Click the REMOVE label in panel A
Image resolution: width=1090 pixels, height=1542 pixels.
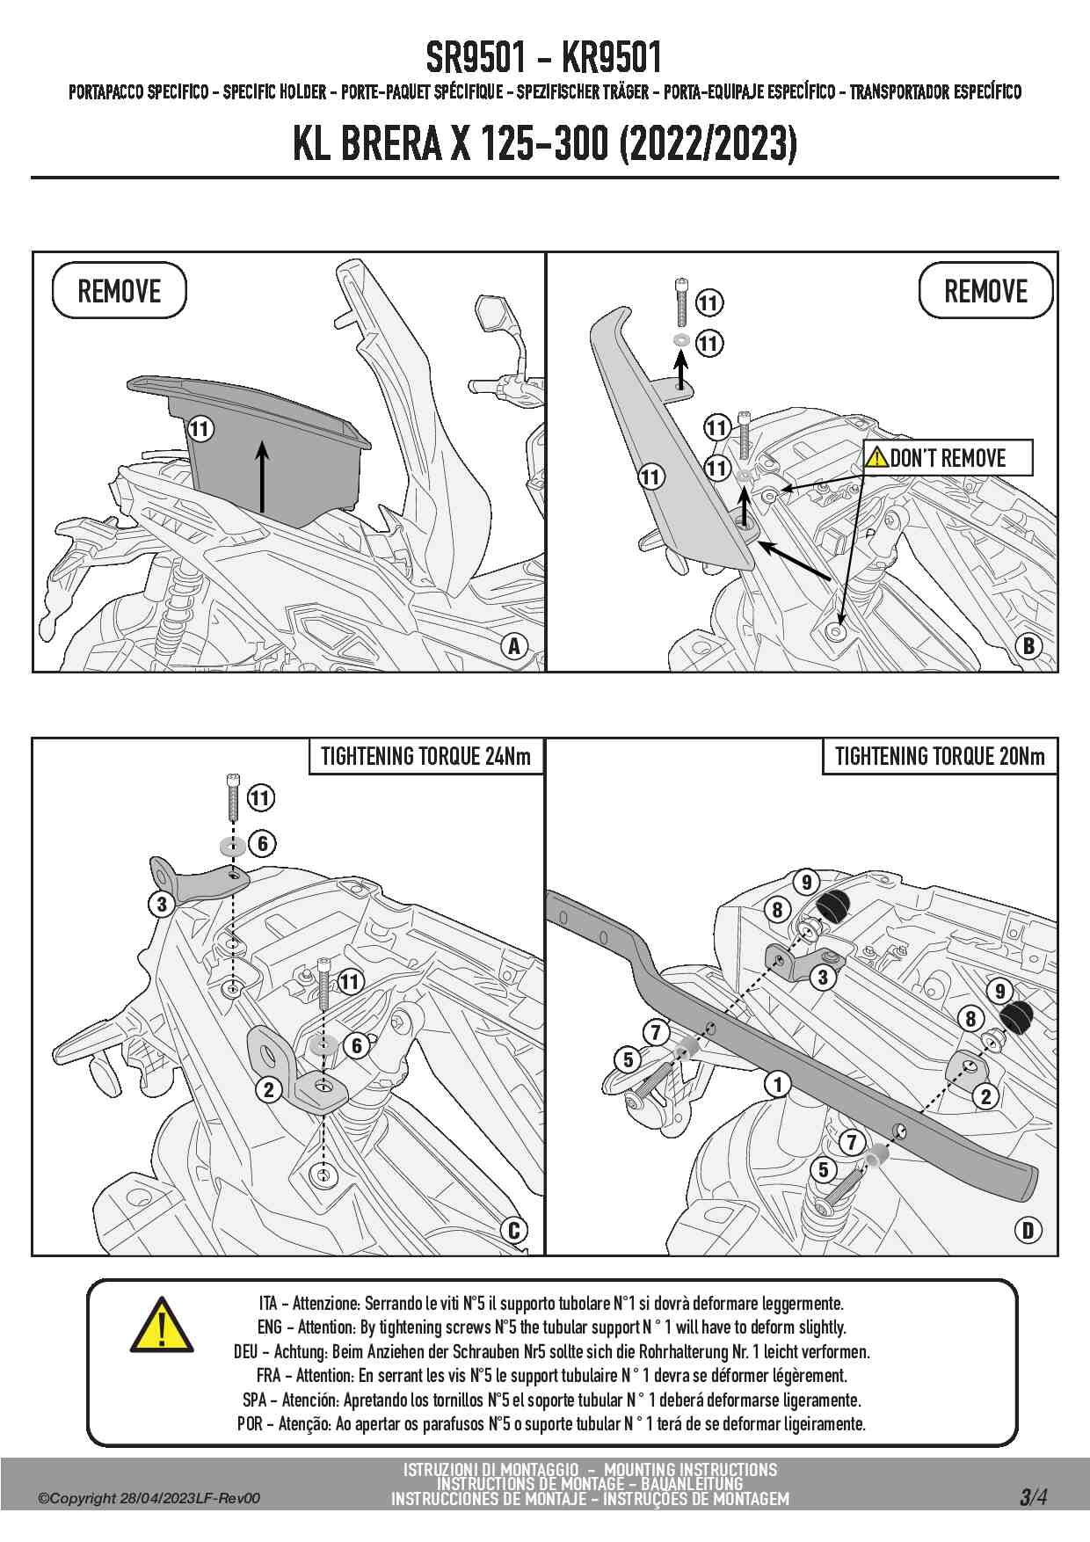[x=120, y=291]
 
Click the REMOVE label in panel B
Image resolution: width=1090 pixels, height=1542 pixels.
[x=985, y=291]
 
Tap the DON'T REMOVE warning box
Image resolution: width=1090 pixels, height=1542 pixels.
[x=947, y=458]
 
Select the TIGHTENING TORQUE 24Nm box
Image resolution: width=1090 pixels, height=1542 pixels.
[x=425, y=756]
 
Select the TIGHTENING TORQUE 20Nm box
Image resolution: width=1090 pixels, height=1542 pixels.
[x=940, y=756]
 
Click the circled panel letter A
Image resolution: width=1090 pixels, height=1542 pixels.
[x=514, y=647]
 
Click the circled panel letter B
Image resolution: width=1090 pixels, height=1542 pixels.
[x=1028, y=647]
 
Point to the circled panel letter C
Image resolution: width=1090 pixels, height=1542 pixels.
[x=514, y=1230]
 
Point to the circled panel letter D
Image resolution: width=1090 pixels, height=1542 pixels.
[x=1028, y=1230]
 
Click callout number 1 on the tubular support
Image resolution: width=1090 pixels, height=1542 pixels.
[x=777, y=1084]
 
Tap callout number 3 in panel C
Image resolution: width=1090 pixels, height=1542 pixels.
[x=162, y=904]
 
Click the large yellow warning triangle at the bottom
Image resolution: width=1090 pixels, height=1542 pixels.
[x=162, y=1325]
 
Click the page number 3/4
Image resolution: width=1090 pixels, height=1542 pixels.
[x=1033, y=1497]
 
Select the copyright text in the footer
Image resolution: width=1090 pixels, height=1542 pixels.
[x=149, y=1499]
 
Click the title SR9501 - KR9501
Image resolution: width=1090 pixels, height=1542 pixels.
[x=544, y=58]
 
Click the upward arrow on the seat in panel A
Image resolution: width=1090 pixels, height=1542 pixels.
[x=261, y=476]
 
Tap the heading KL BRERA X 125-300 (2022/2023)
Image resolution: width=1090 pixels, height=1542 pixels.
[x=544, y=143]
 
